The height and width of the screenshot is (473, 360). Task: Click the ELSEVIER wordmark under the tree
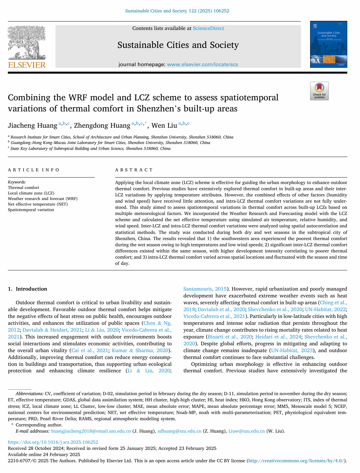click(x=27, y=65)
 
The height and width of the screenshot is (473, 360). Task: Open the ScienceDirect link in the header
click(x=208, y=28)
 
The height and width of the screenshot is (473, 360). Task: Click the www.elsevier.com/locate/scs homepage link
click(x=202, y=64)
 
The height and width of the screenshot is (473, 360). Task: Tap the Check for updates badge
click(x=319, y=91)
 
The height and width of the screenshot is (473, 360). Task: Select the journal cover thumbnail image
click(x=328, y=44)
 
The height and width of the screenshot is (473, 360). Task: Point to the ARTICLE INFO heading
click(x=34, y=170)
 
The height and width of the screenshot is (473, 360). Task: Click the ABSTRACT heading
click(x=134, y=170)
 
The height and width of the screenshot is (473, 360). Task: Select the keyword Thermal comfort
click(x=23, y=188)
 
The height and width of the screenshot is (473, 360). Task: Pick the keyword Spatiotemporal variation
click(x=31, y=210)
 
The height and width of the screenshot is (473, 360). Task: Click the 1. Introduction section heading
click(x=27, y=289)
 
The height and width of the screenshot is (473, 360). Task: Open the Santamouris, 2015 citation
click(x=205, y=289)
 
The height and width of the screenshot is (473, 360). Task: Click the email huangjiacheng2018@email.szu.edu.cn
click(x=91, y=431)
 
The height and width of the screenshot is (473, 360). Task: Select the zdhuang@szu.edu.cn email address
click(x=179, y=431)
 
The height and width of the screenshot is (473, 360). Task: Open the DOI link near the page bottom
click(x=53, y=442)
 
